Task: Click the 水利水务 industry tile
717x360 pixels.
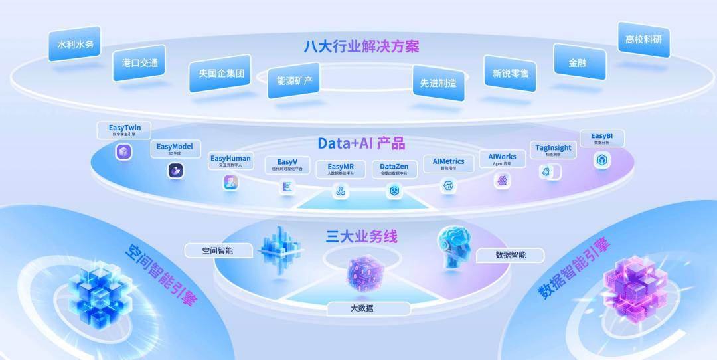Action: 74,45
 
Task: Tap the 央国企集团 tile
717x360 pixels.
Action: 218,74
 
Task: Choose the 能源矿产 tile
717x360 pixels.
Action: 294,81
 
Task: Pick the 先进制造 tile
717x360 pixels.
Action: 438,83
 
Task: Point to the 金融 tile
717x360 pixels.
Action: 579,63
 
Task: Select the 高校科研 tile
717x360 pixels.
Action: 643,40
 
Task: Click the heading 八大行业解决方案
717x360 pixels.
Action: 361,46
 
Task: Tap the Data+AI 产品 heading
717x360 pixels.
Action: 361,143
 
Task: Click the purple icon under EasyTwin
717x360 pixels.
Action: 124,152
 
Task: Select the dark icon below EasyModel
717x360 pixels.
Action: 175,171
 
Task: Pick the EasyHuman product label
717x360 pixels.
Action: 230,159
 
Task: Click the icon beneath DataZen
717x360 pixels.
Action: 394,191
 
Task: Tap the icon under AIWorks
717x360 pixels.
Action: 502,180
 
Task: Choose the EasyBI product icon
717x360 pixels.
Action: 601,160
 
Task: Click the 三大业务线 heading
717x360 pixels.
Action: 361,236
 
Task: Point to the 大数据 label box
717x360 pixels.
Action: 362,308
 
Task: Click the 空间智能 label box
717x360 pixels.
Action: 218,250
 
